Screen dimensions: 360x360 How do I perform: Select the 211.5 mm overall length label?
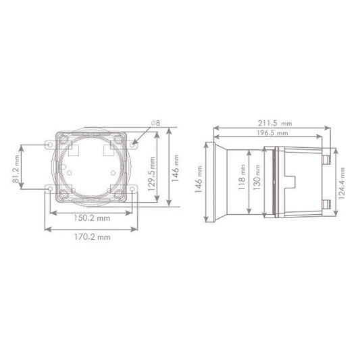[270, 124]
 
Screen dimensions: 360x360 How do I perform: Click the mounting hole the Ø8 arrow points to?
[135, 144]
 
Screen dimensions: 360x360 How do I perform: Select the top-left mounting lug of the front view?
[49, 144]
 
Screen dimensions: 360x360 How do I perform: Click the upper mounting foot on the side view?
[326, 157]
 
